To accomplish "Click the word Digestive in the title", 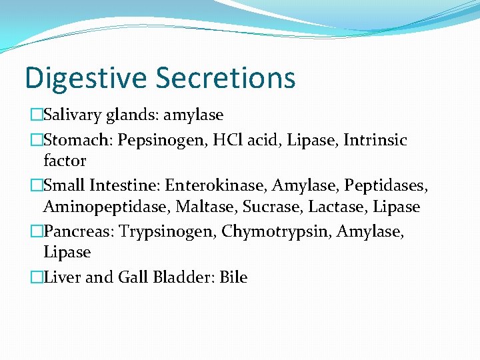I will [x=85, y=77].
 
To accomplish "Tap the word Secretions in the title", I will [x=225, y=77].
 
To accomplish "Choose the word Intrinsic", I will [x=375, y=140].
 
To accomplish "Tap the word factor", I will [x=65, y=161].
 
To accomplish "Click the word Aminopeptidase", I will [x=106, y=207].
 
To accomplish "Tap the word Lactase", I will [x=339, y=207].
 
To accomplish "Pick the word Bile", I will [x=233, y=277].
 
